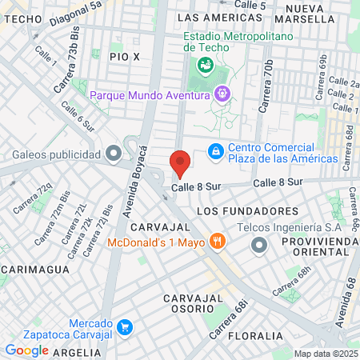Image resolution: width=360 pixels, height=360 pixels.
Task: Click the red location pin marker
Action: [x=180, y=162]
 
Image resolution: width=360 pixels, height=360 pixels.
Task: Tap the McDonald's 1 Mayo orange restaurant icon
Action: [x=216, y=241]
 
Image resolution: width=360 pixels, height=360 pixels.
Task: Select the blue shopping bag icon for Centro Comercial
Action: [x=215, y=151]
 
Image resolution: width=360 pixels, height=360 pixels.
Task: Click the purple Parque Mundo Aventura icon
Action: [x=222, y=94]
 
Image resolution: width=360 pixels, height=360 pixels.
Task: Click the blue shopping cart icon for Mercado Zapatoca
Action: [x=124, y=326]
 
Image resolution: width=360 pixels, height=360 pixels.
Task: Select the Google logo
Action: [x=26, y=350]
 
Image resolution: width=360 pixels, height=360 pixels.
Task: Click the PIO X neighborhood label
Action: [x=126, y=57]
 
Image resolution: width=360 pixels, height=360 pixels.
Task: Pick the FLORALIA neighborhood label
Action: [x=256, y=336]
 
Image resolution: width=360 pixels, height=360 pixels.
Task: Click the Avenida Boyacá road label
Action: [x=134, y=181]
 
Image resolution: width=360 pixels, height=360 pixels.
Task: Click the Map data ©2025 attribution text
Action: [x=325, y=354]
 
